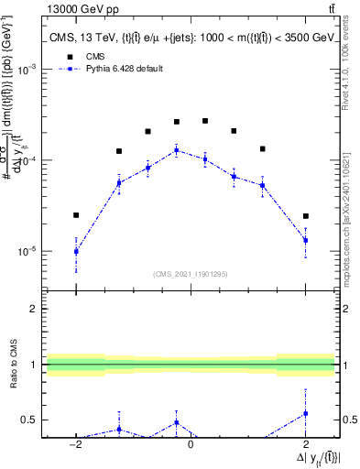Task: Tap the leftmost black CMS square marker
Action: (76, 215)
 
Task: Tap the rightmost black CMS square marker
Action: (305, 216)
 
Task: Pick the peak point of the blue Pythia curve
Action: (177, 149)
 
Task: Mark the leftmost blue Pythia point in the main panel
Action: (76, 251)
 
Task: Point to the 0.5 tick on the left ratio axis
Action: (30, 420)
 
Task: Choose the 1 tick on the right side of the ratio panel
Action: (345, 365)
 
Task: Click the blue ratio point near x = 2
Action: (305, 413)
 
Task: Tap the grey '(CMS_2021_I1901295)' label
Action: (191, 274)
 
